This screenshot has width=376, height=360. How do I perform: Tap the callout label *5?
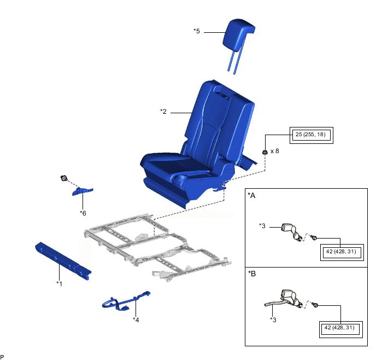point(197,31)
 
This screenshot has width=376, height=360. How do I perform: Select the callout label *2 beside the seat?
point(163,112)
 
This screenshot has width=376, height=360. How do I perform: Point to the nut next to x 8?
point(265,152)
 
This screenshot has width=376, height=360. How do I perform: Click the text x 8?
point(275,151)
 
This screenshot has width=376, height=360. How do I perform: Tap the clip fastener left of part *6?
point(64,178)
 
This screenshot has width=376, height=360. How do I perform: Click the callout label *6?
point(83,213)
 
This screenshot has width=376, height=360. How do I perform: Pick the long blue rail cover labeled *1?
point(63,260)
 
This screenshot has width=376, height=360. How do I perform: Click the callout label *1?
point(59,284)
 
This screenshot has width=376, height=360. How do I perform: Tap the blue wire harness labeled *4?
point(126,301)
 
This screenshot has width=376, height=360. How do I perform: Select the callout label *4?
point(136,320)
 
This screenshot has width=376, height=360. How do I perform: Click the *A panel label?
point(251,196)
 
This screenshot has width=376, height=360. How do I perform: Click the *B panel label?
point(252,274)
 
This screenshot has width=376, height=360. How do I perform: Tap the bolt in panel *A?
point(314,237)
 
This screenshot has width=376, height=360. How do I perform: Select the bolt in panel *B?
point(315,305)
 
